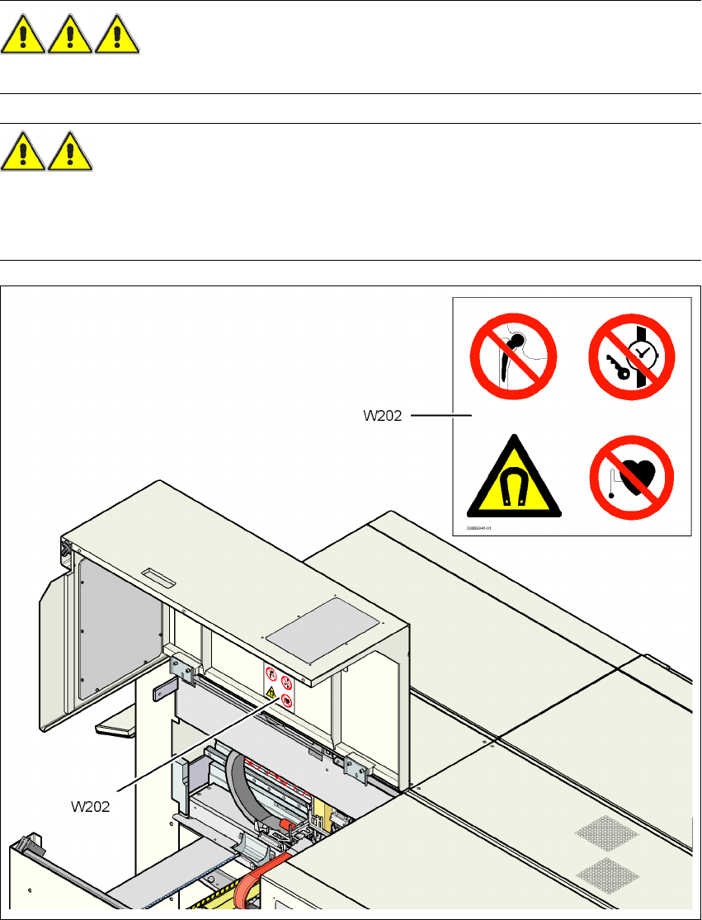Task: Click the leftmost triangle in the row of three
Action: coord(24,38)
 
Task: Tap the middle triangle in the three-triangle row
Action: coord(70,38)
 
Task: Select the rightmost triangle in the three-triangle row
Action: coord(118,38)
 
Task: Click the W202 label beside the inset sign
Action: coord(383,416)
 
